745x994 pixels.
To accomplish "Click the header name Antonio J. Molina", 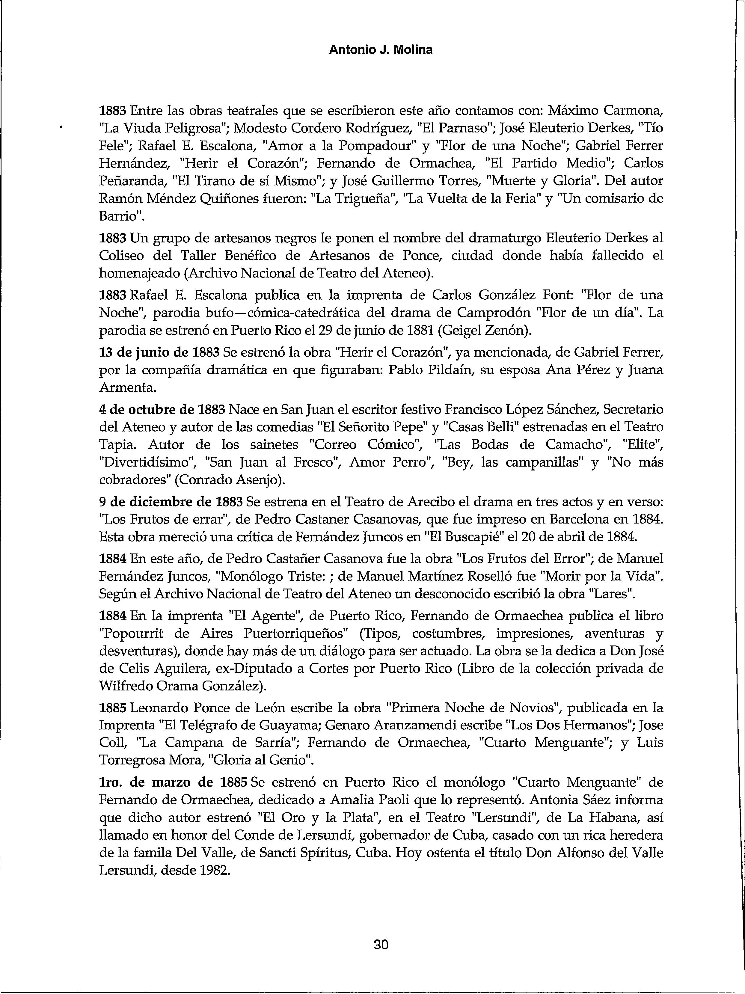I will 381,50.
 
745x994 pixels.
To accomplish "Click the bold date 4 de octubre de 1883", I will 162,410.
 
